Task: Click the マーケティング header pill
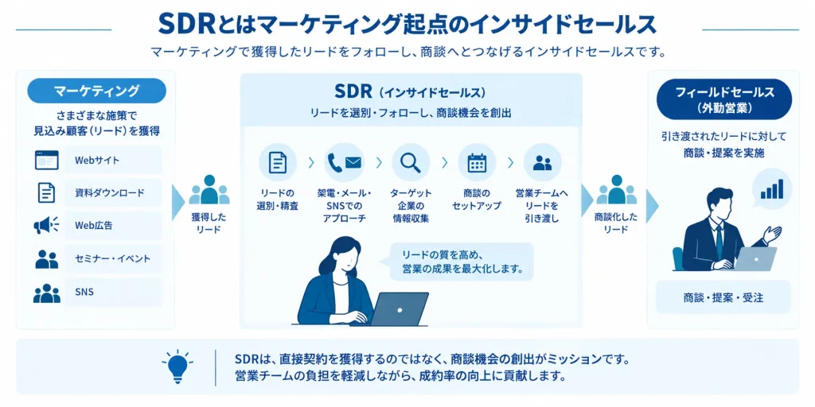point(96,91)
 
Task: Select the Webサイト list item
point(113,160)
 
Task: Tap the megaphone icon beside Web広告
point(46,225)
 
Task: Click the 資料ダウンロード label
point(110,193)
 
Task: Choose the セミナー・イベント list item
point(113,258)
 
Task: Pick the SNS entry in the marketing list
point(113,292)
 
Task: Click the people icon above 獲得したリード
point(209,190)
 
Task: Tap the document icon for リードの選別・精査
point(278,162)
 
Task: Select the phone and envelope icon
point(344,162)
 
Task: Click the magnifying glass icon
point(410,162)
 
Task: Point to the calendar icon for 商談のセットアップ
point(477,162)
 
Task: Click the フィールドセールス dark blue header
point(724,99)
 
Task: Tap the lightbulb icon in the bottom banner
point(177,365)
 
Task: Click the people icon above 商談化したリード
point(617,190)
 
